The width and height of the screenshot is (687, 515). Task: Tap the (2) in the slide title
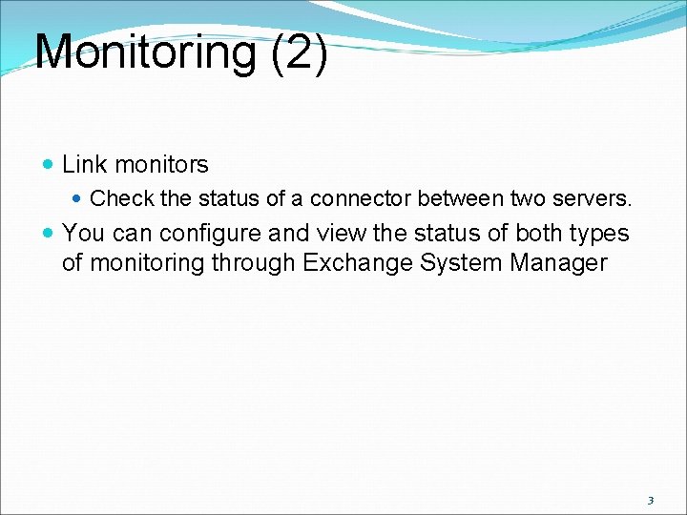[300, 52]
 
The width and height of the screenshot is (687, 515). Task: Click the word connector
[359, 199]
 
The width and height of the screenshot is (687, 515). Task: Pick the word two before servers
[528, 199]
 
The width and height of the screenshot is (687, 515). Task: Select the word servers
[593, 199]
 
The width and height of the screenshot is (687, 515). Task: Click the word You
[82, 234]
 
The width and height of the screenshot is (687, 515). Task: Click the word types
[601, 235]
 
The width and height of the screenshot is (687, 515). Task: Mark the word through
[251, 263]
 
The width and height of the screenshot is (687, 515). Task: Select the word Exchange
[358, 263]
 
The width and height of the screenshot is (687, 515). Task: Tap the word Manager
[562, 263]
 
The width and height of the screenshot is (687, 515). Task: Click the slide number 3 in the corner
[651, 500]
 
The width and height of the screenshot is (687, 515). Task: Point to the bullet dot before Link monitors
[49, 165]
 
